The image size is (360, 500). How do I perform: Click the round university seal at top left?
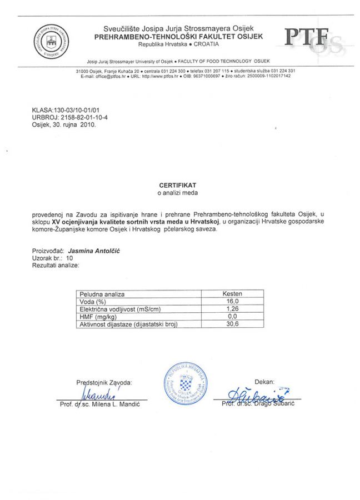pos(48,40)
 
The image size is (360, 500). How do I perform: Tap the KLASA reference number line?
pos(68,111)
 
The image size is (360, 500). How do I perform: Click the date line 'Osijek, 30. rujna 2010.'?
pos(64,125)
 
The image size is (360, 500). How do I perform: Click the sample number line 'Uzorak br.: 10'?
pos(53,258)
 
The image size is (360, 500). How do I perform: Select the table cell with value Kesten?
pos(232,294)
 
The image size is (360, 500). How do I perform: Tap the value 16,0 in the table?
pos(232,301)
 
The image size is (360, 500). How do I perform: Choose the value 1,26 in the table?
pos(232,308)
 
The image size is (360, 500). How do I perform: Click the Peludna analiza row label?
pos(103,294)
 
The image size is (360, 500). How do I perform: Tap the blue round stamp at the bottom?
pos(184,384)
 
